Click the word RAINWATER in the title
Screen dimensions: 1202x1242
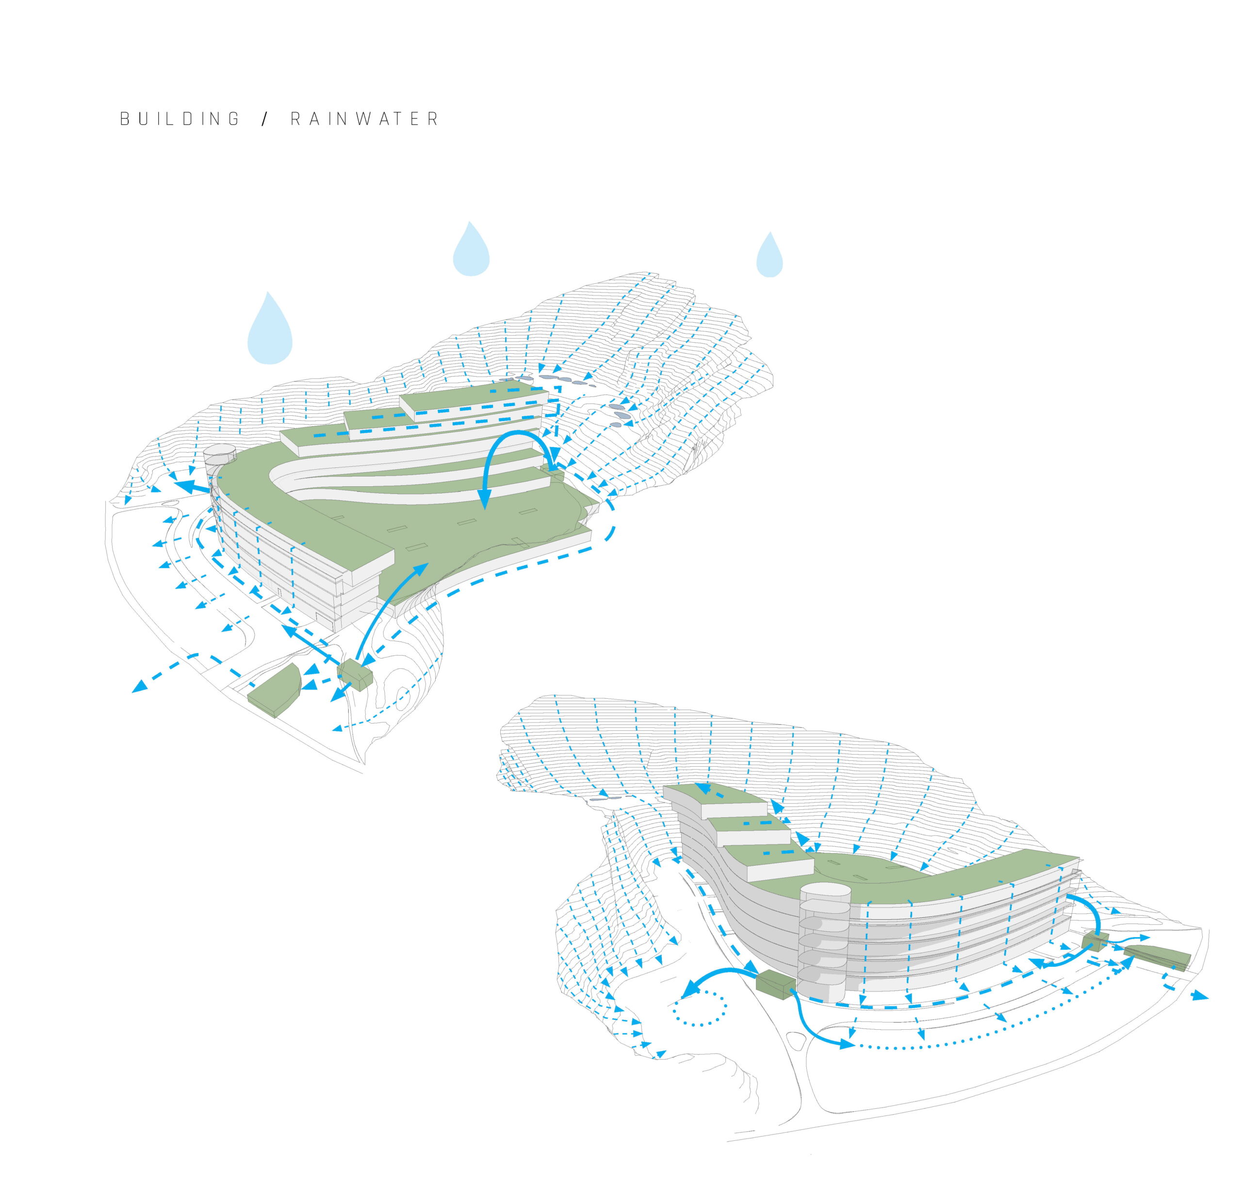pos(364,119)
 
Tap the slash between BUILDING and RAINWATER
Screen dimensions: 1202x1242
pos(265,119)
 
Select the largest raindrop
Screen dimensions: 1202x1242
pos(270,329)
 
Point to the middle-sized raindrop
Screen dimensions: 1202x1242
pos(471,250)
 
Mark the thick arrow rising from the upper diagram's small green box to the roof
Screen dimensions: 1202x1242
pos(387,609)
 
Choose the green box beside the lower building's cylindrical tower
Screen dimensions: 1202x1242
pos(775,985)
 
